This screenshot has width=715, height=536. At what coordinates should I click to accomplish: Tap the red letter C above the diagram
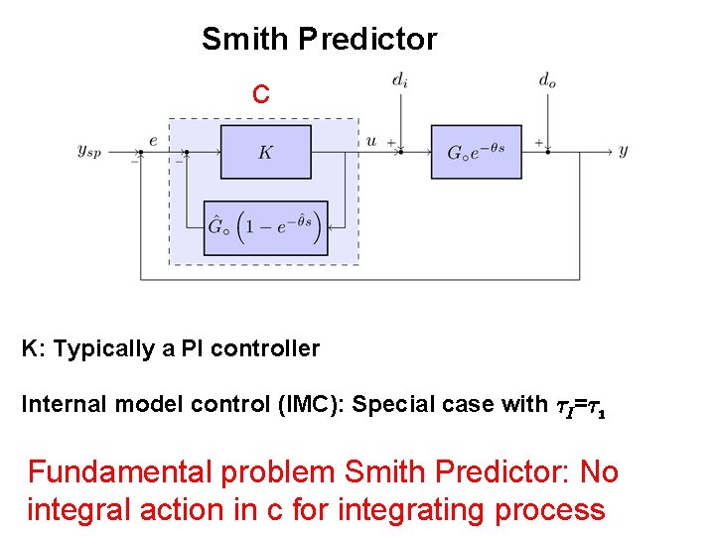tap(260, 94)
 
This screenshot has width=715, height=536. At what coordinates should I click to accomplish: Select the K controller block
tap(264, 152)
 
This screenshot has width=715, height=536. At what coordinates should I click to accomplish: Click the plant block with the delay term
tap(475, 152)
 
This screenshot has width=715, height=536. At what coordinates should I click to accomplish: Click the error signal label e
tap(153, 141)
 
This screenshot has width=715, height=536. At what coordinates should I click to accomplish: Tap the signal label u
tap(371, 141)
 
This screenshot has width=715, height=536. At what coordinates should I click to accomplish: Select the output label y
tap(623, 151)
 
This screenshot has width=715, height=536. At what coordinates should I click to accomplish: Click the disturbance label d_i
tap(398, 80)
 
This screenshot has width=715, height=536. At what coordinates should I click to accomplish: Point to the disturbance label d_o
tap(547, 80)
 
